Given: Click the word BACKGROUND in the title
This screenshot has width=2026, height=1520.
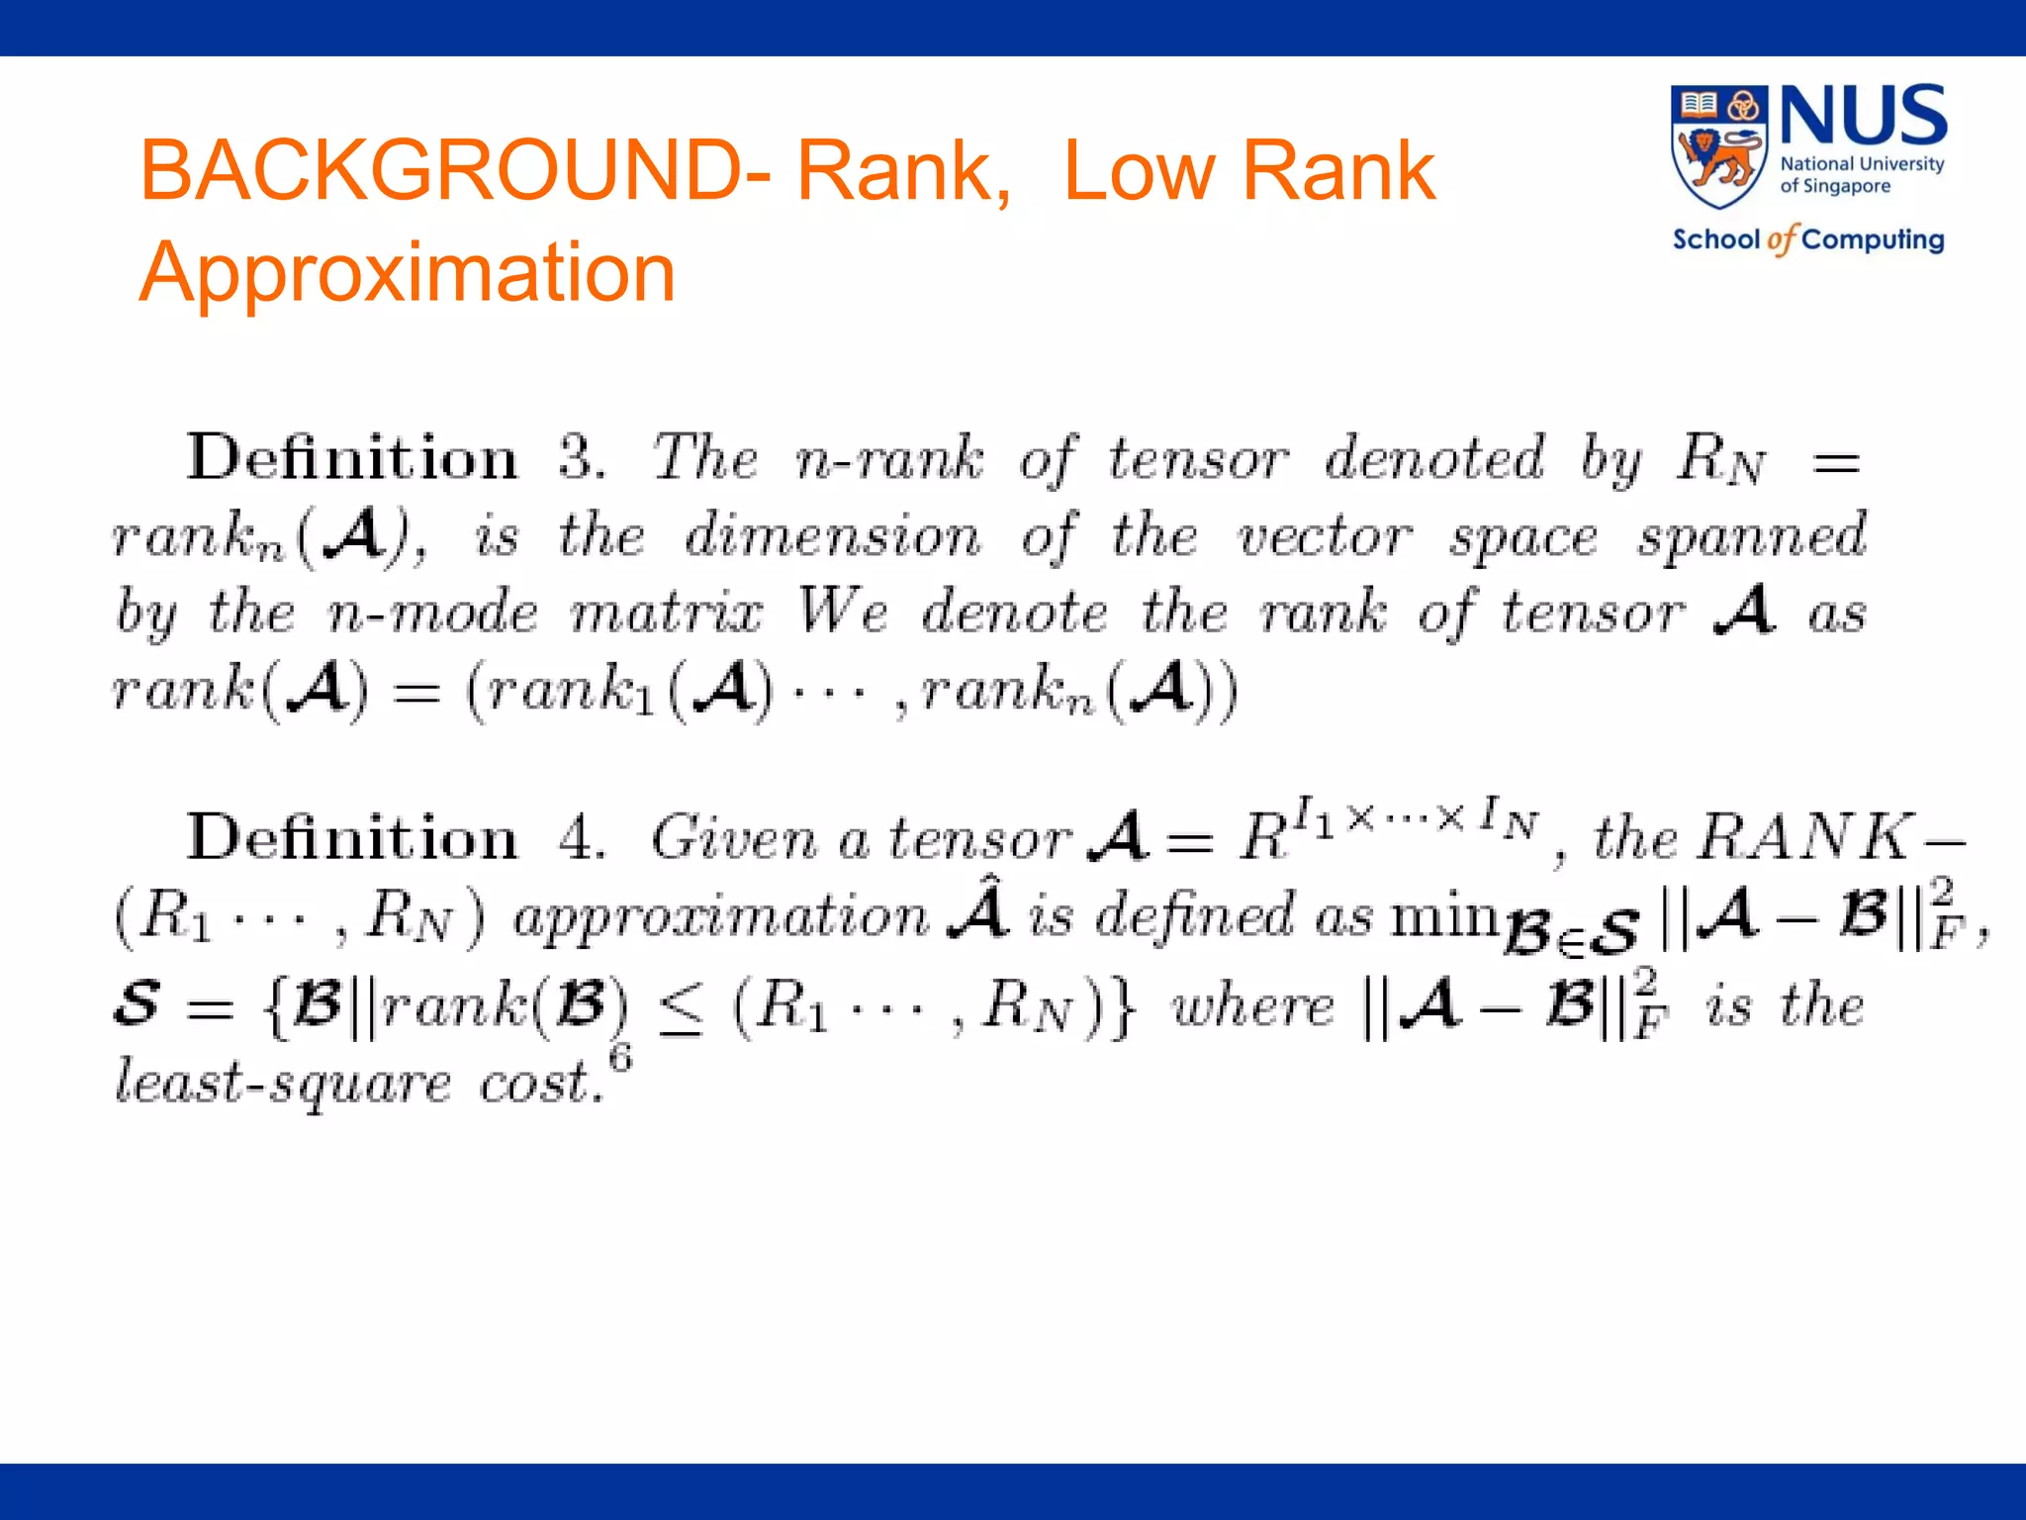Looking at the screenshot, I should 455,170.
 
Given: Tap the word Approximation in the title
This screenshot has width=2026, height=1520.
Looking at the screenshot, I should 408,272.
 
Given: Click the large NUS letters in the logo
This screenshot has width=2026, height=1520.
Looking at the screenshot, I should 1864,117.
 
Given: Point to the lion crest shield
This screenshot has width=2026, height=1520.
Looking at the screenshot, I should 1718,146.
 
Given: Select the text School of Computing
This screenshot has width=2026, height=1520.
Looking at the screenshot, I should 1808,239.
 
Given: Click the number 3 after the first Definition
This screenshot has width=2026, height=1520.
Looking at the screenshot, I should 581,459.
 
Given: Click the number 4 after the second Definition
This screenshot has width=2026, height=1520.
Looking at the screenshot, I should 581,838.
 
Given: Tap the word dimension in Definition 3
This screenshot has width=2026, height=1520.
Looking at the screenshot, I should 833,536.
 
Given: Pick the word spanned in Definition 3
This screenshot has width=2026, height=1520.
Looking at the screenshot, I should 1751,536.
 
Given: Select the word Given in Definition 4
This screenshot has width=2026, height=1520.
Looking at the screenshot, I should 734,838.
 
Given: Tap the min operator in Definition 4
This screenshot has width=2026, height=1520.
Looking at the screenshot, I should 1445,914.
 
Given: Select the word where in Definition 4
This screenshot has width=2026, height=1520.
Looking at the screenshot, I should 1252,1007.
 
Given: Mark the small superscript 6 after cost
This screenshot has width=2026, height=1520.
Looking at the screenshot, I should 620,1058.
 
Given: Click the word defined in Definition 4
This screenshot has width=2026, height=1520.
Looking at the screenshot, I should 1194,914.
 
